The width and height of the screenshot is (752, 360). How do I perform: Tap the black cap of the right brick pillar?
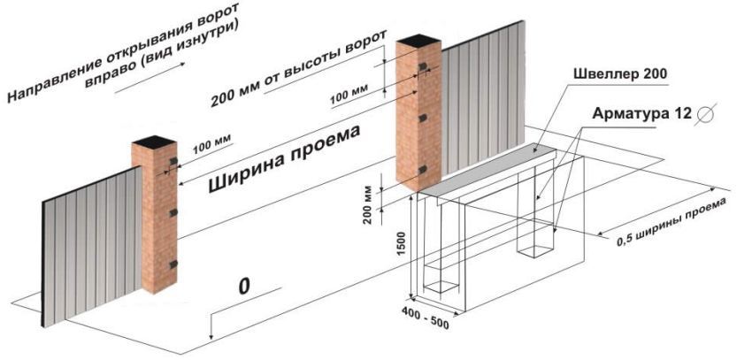pos(418,40)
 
